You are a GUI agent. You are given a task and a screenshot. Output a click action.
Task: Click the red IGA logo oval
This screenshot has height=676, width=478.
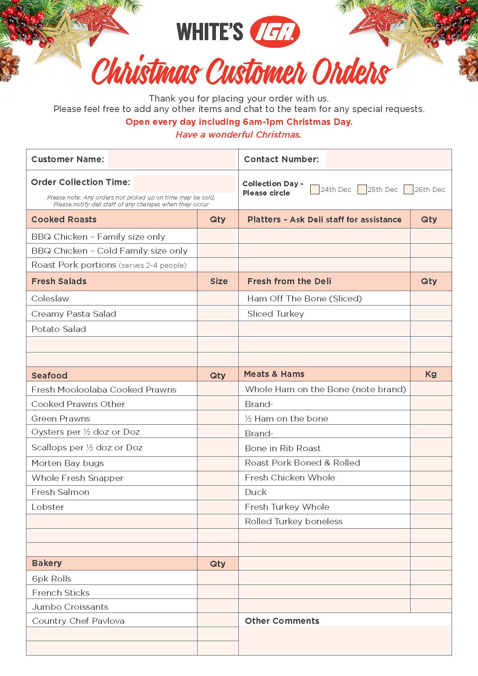pos(275,32)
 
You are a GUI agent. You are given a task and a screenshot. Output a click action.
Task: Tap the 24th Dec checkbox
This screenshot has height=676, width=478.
pos(315,189)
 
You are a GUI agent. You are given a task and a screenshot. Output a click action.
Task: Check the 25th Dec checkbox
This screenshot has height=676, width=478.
pos(362,189)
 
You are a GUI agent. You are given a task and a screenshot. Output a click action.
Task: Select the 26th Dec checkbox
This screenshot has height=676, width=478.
pos(409,189)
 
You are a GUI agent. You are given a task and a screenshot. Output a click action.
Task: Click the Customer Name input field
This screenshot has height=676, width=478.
pos(171,159)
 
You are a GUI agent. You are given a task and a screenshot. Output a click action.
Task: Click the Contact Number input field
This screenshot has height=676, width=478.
pos(388,159)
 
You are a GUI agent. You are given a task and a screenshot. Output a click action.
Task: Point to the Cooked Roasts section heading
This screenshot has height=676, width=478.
pos(64,220)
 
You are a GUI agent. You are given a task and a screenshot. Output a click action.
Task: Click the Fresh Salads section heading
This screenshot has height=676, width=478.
pos(59,281)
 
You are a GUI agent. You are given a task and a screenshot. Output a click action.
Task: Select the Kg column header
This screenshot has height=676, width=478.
pos(431,374)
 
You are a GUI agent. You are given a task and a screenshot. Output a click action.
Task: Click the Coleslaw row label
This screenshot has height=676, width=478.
pos(50,299)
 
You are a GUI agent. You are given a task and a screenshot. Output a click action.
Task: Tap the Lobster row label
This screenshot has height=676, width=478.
pos(48,507)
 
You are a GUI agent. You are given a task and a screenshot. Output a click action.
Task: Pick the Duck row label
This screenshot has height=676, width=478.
pos(256,492)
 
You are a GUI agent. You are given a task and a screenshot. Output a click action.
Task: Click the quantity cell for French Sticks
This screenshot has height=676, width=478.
pos(218,593)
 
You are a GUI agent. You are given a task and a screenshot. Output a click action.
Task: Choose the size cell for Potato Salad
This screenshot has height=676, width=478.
pos(218,329)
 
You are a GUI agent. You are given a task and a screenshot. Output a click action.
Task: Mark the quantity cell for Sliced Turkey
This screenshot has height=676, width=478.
pos(431,314)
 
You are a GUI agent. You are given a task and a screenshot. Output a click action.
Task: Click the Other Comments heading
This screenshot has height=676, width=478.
pos(282,621)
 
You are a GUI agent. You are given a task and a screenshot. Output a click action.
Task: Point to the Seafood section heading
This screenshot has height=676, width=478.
pos(49,376)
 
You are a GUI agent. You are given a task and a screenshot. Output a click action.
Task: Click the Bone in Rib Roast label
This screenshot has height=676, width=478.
pos(283,448)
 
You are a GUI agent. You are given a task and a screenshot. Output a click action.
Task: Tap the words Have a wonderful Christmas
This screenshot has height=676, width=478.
pos(238,135)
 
